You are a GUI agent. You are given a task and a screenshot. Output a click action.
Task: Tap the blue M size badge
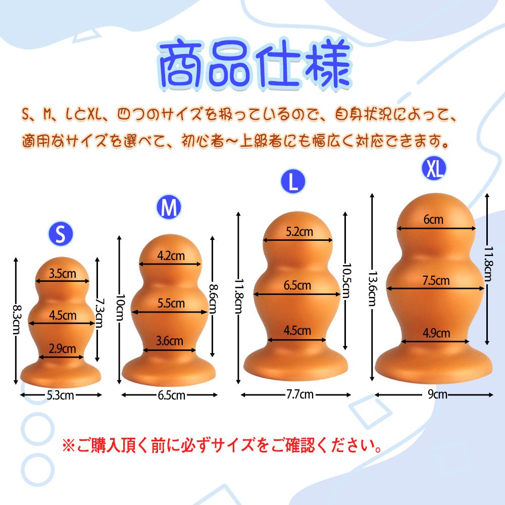pyautogui.click(x=169, y=208)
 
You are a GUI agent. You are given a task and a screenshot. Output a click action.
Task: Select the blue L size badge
pyautogui.click(x=293, y=182)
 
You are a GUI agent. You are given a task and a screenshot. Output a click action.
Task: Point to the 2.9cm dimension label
pyautogui.click(x=62, y=348)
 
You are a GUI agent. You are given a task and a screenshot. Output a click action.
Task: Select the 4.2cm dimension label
pyautogui.click(x=171, y=255)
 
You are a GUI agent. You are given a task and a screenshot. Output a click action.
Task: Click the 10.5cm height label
pyautogui.click(x=345, y=280)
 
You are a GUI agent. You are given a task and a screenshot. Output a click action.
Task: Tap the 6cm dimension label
pyautogui.click(x=433, y=219)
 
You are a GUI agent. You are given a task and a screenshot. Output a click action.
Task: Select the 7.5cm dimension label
pyautogui.click(x=436, y=280)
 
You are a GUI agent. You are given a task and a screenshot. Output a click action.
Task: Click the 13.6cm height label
pyautogui.click(x=372, y=288)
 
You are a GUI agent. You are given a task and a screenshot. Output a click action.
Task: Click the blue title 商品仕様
pyautogui.click(x=254, y=66)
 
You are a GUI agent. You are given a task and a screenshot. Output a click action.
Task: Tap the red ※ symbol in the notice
pyautogui.click(x=68, y=446)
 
